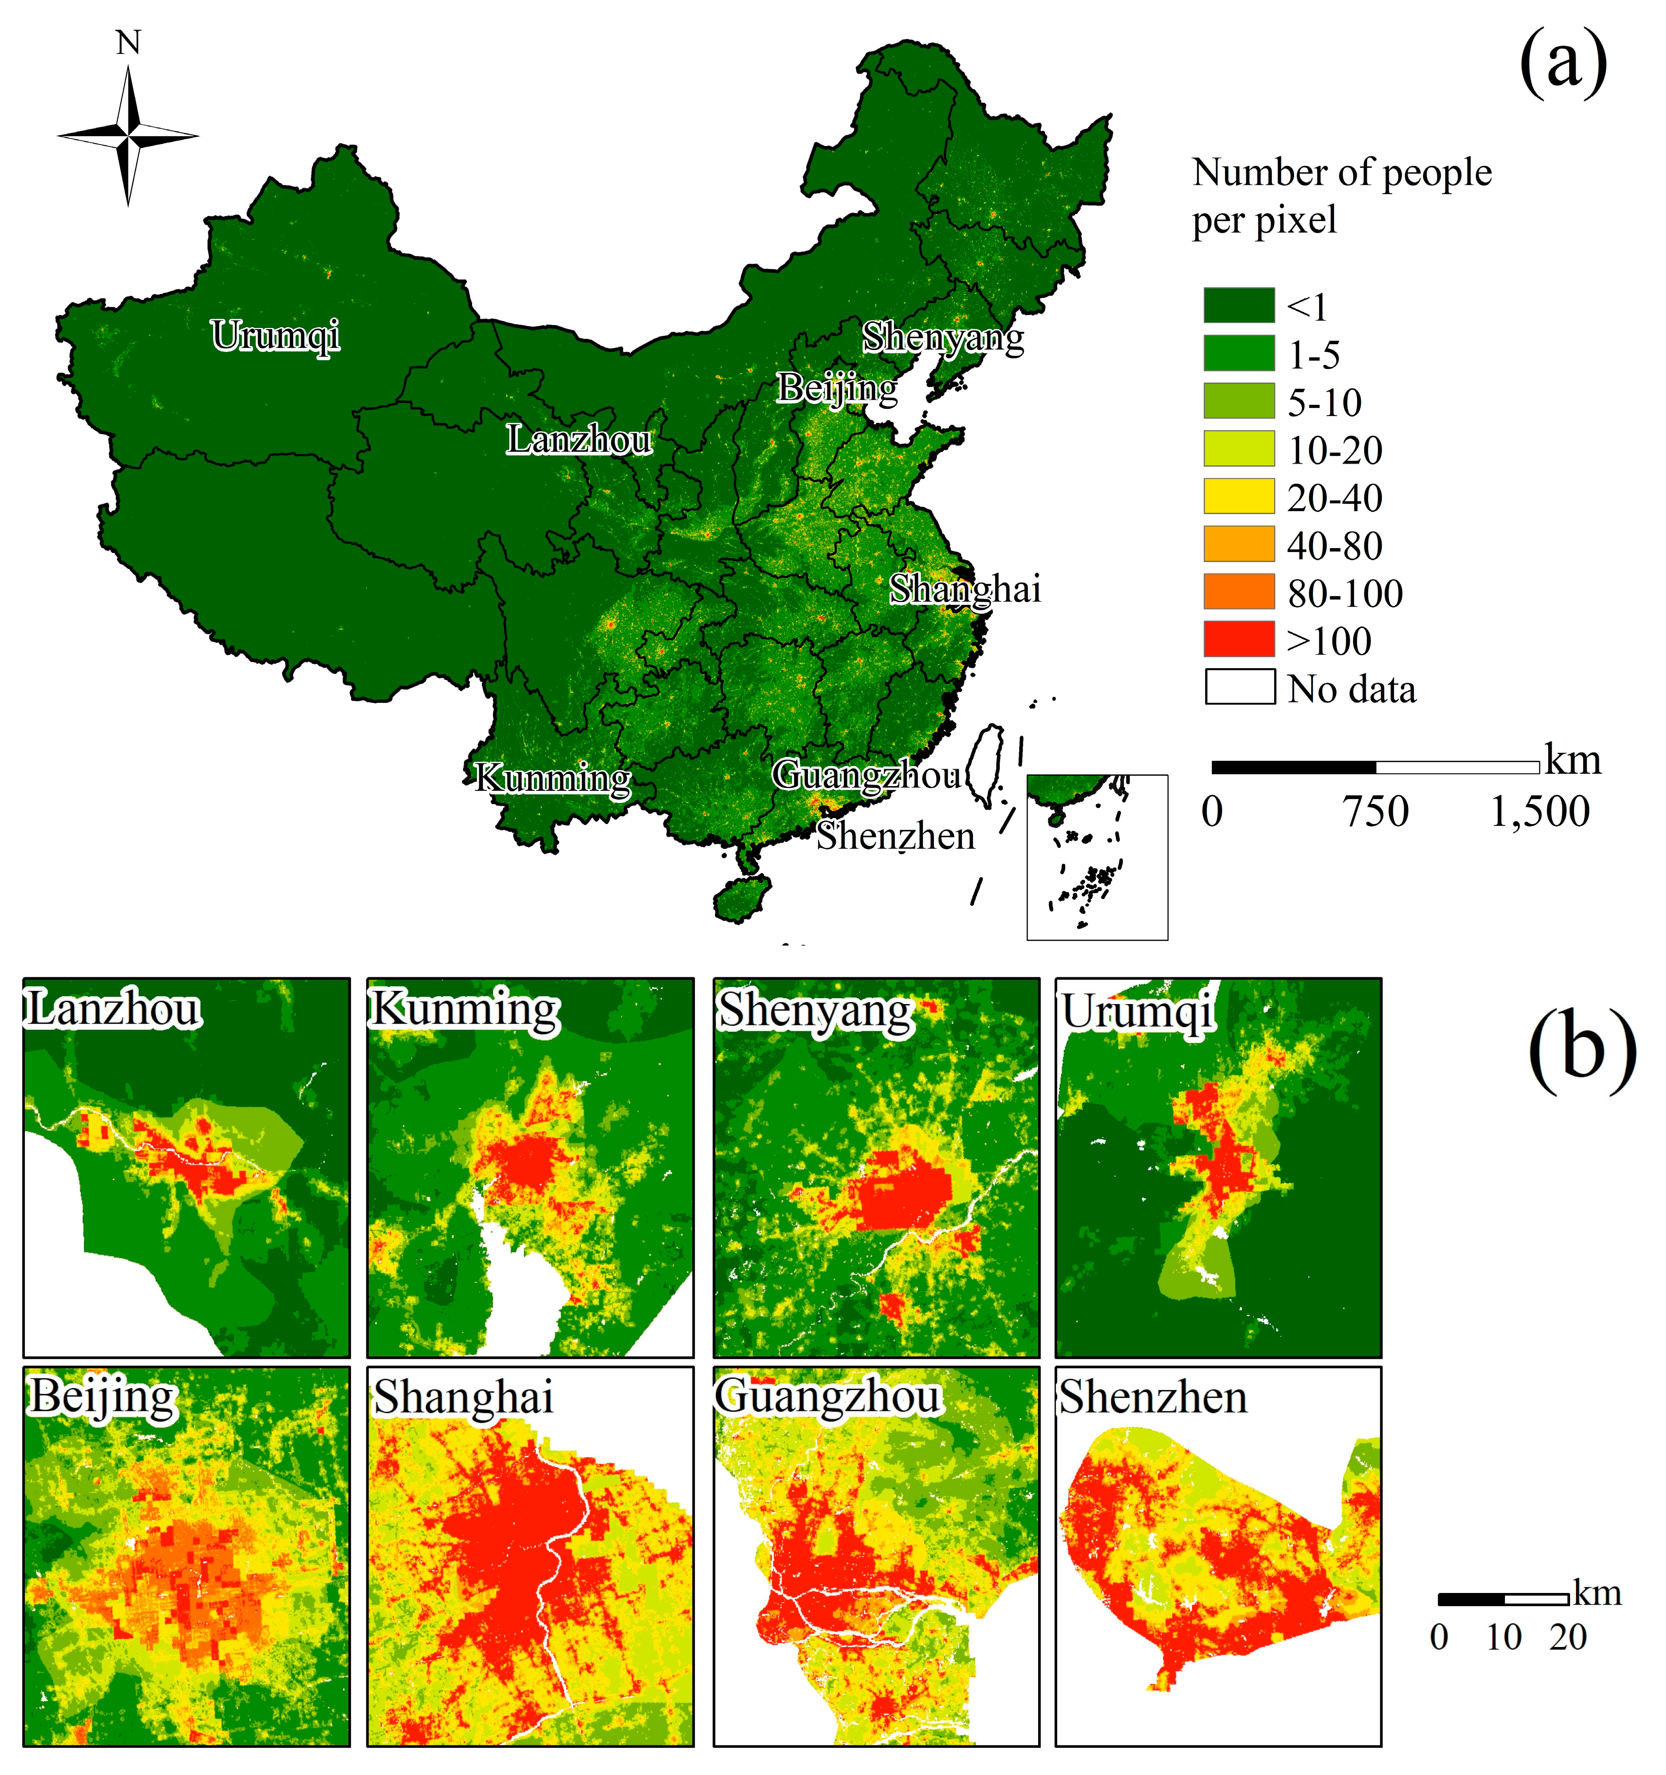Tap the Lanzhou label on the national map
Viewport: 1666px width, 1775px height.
pyautogui.click(x=579, y=439)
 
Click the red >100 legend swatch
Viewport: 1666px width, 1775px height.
pyautogui.click(x=1238, y=640)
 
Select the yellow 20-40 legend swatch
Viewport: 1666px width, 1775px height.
pyautogui.click(x=1238, y=496)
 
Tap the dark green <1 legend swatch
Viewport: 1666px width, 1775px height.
pyautogui.click(x=1238, y=305)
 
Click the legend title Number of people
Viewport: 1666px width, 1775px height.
pyautogui.click(x=1341, y=172)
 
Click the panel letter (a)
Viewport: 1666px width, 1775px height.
pyautogui.click(x=1562, y=62)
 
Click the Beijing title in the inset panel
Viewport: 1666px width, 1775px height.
pyautogui.click(x=103, y=1397)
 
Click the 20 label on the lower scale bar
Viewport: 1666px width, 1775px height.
pyautogui.click(x=1568, y=1637)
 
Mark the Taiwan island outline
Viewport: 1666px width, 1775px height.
pyautogui.click(x=986, y=766)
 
